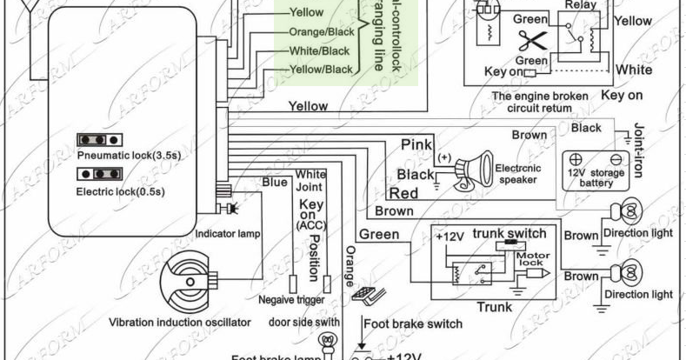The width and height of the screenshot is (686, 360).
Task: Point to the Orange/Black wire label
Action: [319, 31]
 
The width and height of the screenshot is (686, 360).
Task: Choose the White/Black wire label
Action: [319, 50]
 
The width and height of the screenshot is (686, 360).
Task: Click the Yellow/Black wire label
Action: [320, 70]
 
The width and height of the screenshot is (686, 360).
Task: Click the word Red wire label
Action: [404, 193]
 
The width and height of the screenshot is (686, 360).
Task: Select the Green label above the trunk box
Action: [379, 235]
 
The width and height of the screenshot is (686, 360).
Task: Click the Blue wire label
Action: [275, 182]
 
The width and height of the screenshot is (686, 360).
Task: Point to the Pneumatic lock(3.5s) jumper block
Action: [97, 140]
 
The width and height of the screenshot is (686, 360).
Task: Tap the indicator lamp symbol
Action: [230, 209]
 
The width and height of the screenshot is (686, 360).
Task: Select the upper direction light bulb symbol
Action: [630, 211]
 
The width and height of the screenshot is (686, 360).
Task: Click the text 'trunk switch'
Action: [509, 233]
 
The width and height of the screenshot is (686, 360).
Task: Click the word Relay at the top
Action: [581, 5]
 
